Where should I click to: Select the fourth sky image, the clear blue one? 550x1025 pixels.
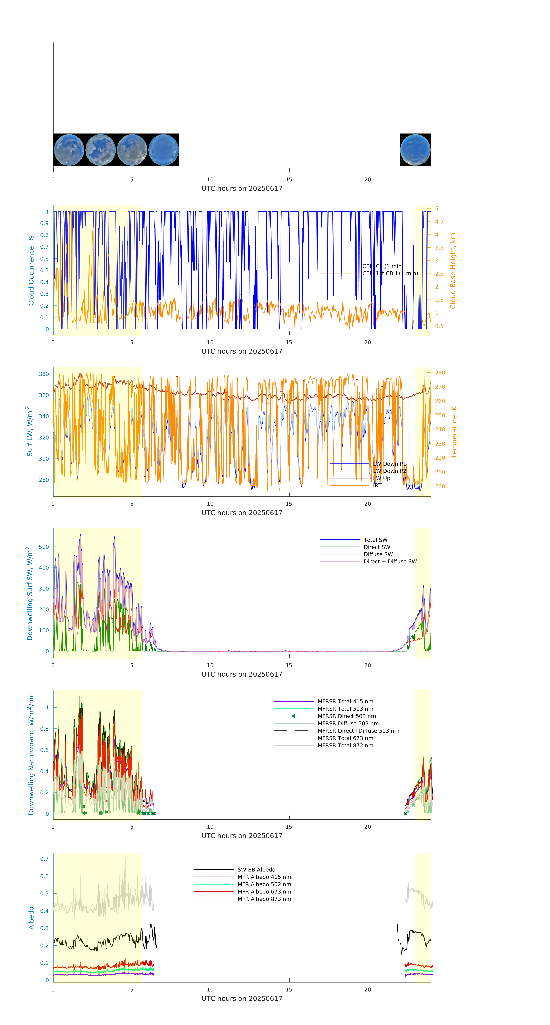tap(163, 150)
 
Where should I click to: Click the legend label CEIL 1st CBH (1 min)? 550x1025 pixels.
tap(390, 273)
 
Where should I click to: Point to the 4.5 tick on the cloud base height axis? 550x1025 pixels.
tap(439, 222)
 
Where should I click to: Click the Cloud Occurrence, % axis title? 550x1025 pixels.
tap(31, 271)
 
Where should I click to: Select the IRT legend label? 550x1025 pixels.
tap(377, 485)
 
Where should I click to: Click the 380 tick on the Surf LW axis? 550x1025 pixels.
tap(44, 374)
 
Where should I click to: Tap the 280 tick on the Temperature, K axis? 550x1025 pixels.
tap(440, 373)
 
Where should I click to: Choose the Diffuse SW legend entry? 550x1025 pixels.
tap(378, 554)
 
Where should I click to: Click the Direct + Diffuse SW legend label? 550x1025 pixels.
tap(390, 561)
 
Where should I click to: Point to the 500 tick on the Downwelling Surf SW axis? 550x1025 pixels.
tap(44, 547)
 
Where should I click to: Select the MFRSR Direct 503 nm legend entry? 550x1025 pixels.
tap(346, 716)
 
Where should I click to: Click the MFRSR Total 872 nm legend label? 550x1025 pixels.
tap(345, 746)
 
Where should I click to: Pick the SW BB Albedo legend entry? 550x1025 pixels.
tap(256, 870)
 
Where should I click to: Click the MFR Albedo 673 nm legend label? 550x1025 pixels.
tap(264, 892)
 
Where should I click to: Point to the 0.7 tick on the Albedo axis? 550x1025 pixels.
tap(44, 859)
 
